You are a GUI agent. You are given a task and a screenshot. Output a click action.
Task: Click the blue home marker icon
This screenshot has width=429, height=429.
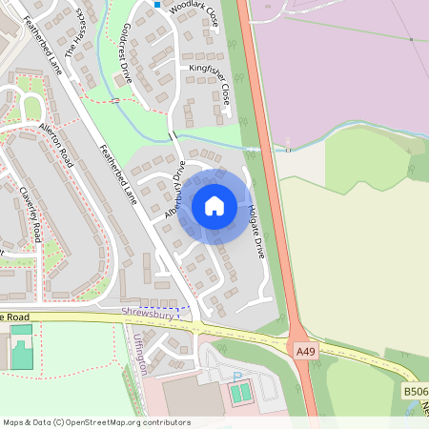click(214, 206)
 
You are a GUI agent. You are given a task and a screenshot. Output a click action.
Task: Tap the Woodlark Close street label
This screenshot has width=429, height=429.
click(194, 12)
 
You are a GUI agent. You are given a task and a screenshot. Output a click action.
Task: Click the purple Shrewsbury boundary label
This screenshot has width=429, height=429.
click(149, 313)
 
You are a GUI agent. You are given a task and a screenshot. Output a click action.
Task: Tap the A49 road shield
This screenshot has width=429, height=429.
click(305, 352)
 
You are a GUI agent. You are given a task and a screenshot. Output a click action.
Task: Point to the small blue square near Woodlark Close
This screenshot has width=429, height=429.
click(157, 4)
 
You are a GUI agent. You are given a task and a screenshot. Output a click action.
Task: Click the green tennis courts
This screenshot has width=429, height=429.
click(241, 391)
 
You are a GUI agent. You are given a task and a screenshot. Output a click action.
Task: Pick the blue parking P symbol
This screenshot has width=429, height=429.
click(236, 377)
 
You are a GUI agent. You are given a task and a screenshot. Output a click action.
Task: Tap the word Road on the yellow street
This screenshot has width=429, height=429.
click(21, 317)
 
